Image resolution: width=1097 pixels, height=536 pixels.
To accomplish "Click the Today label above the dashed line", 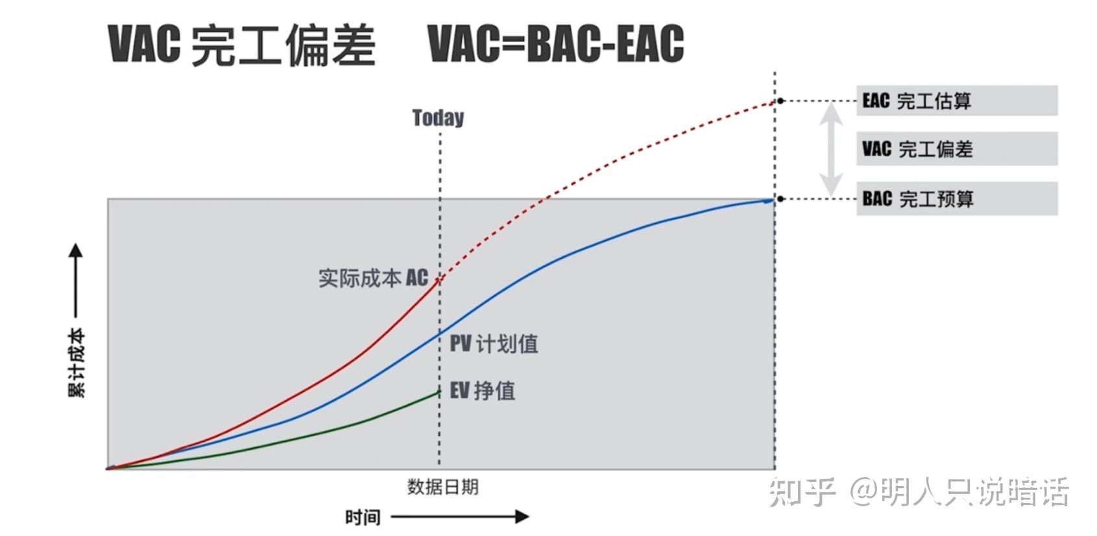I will [x=439, y=117].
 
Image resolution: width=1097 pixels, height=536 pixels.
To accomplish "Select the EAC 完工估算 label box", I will [x=956, y=101].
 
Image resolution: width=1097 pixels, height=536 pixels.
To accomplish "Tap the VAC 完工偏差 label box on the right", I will [x=956, y=149].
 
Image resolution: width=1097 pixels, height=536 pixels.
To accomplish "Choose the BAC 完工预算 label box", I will [x=956, y=199].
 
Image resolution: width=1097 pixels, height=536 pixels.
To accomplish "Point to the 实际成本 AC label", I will [x=373, y=278].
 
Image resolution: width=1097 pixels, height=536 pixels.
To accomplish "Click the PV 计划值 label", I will [x=494, y=343].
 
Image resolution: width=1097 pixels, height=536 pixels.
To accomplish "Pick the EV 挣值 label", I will [x=483, y=391].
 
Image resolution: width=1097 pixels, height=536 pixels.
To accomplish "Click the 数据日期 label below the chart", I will [x=442, y=487].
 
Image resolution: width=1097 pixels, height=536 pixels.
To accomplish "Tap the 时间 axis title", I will [x=363, y=517].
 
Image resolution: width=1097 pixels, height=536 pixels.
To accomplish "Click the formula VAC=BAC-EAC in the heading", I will [x=556, y=43].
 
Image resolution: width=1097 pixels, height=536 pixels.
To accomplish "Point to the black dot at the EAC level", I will [x=780, y=101].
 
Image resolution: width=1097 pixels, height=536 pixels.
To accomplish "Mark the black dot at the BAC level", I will [x=780, y=199].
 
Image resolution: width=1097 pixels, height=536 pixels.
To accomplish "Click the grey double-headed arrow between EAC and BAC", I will [x=830, y=149].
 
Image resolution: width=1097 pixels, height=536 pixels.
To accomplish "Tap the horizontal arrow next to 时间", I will [x=460, y=517].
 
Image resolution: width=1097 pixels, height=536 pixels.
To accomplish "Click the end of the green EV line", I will [x=439, y=392].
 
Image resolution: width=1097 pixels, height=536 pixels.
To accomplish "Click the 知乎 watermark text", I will [x=802, y=492].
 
